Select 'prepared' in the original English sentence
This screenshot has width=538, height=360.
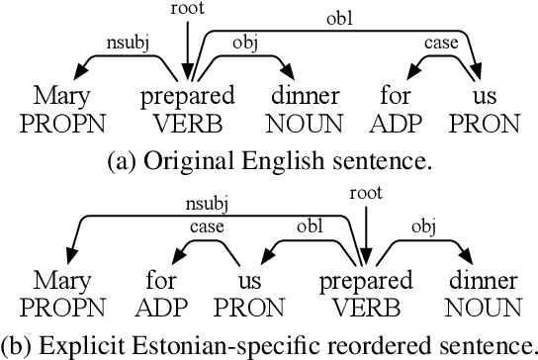[189, 98]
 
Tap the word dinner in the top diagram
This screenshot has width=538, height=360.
[304, 97]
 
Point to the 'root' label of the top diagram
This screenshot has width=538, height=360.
[186, 9]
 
